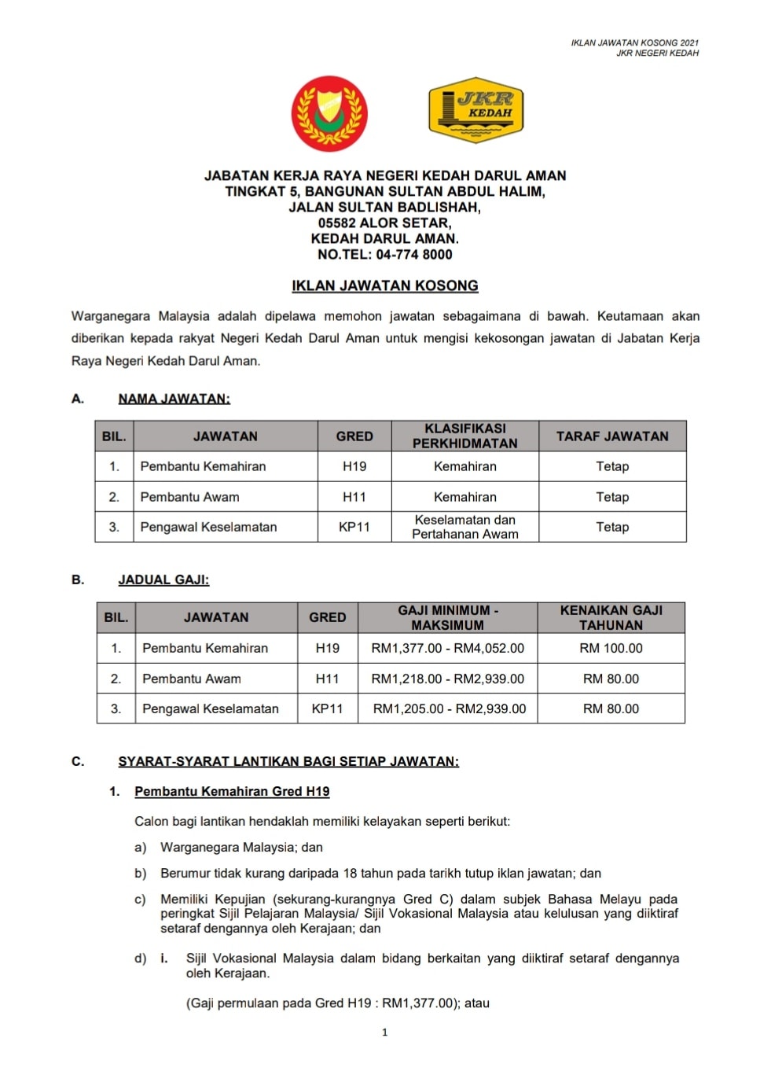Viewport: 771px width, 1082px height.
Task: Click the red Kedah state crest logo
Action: (x=329, y=113)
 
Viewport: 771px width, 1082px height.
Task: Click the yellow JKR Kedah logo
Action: (x=475, y=110)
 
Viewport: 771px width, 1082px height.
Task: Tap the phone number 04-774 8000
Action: (x=414, y=255)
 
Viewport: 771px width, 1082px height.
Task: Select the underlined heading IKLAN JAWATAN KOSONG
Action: (x=385, y=286)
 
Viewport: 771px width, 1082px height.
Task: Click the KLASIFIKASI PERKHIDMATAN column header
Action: (x=464, y=436)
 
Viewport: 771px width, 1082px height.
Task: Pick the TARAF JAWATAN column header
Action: (x=612, y=436)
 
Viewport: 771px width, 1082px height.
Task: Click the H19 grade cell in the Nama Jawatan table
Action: (x=354, y=466)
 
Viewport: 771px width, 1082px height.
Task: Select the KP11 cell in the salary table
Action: (x=327, y=708)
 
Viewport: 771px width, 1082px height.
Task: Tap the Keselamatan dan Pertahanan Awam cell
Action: (x=464, y=527)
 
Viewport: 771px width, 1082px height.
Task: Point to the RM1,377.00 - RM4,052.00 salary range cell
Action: (x=447, y=649)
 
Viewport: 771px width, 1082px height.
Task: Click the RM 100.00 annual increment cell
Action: (x=611, y=649)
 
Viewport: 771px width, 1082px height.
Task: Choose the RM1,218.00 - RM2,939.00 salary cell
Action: (x=447, y=679)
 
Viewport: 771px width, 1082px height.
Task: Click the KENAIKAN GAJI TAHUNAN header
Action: (x=611, y=617)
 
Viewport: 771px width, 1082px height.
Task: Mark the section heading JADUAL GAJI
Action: (x=163, y=580)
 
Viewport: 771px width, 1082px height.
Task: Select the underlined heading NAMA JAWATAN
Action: (x=174, y=399)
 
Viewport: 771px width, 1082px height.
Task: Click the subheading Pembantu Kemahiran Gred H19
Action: (x=232, y=792)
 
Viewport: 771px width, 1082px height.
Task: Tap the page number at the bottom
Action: (x=384, y=1032)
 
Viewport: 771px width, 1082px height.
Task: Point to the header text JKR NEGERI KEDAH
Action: (x=657, y=53)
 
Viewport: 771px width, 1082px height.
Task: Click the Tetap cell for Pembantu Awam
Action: (x=612, y=497)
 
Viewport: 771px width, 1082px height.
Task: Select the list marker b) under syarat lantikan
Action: (x=141, y=874)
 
